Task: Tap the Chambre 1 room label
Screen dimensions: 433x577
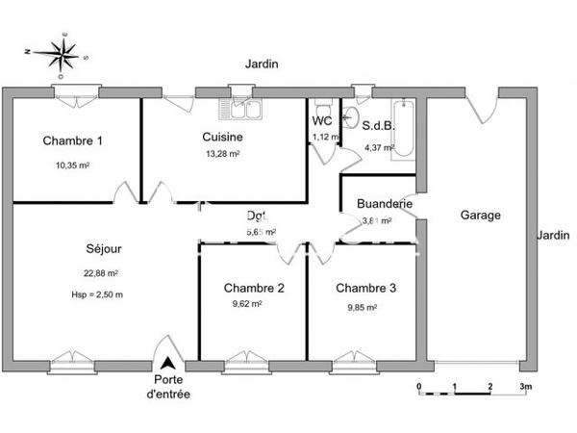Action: [73, 141]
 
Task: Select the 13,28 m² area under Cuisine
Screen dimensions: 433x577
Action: [222, 153]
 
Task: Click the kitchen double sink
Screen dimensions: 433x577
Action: [241, 109]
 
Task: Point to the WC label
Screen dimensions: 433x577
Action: [321, 121]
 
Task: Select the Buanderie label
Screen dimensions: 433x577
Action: [385, 204]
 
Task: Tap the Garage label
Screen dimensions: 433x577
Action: [480, 216]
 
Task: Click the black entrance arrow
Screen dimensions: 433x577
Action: [168, 364]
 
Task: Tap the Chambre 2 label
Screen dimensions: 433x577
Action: [254, 288]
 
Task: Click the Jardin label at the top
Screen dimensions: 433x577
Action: [262, 64]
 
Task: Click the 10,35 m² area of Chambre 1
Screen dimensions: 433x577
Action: [73, 165]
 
